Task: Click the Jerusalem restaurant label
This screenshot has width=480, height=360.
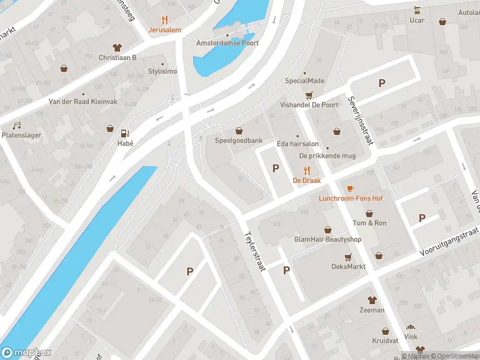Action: pos(165,29)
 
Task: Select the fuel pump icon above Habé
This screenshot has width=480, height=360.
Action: pos(125,133)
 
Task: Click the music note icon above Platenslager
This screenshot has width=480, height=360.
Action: pos(17,125)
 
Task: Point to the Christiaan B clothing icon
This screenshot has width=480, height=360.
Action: pos(118,47)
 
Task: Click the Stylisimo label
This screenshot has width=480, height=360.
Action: pos(163,71)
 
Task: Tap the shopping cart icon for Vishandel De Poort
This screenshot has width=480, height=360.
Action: pos(309,94)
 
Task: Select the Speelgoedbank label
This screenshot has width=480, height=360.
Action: pos(239,140)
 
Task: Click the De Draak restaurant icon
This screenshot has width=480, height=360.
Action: pos(307,170)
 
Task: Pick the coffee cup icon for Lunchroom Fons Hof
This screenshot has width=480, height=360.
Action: pos(350,188)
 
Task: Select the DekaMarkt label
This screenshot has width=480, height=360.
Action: pos(349,266)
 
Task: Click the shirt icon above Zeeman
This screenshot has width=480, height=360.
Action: pos(372,300)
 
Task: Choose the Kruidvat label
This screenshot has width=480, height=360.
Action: pos(386,340)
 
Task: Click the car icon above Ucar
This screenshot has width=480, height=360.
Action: pos(417,10)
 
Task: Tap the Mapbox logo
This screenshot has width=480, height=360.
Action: pos(27,353)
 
